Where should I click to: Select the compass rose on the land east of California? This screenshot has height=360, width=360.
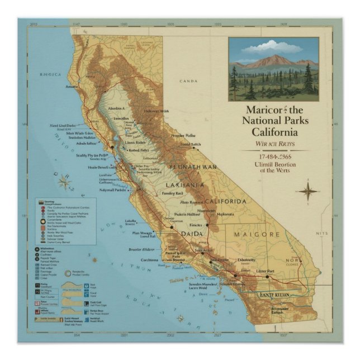pyautogui.click(x=307, y=192)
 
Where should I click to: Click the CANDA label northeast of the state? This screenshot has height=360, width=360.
pyautogui.click(x=188, y=81)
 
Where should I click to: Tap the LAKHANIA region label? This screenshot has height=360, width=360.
pyautogui.click(x=184, y=184)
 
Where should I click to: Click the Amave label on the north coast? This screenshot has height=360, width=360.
pyautogui.click(x=72, y=87)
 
